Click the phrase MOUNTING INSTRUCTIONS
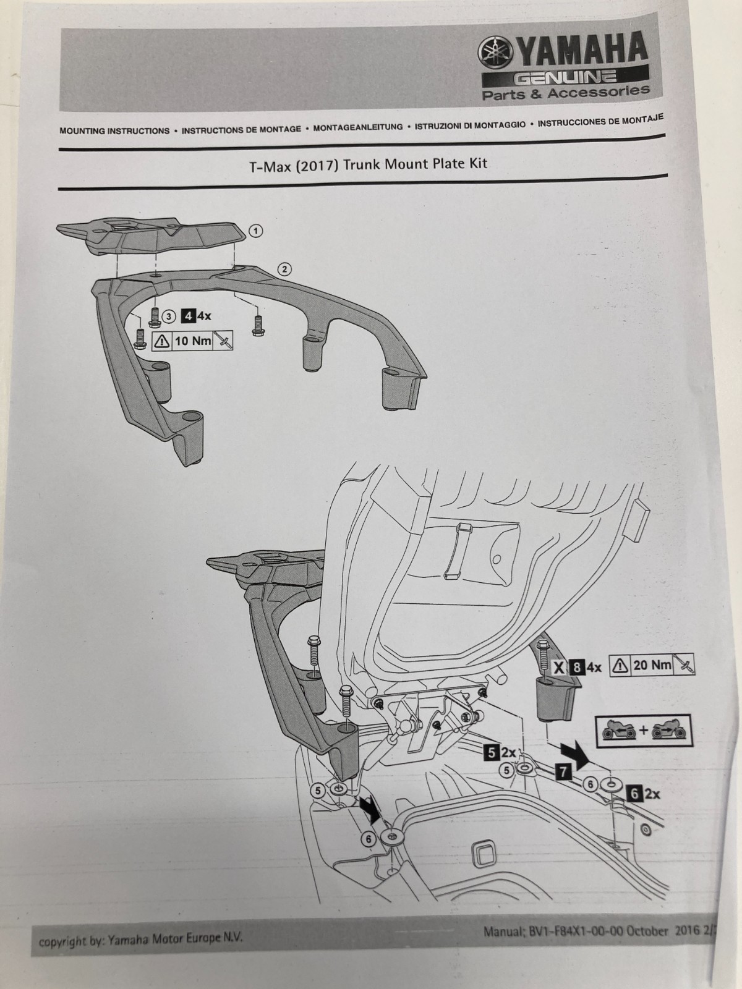pos(114,131)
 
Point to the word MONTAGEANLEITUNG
pos(358,127)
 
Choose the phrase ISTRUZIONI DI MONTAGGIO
pos(470,124)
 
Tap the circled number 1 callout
pos(255,231)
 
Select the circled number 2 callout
pos(284,269)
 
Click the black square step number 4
pos(187,316)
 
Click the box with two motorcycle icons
pos(643,731)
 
